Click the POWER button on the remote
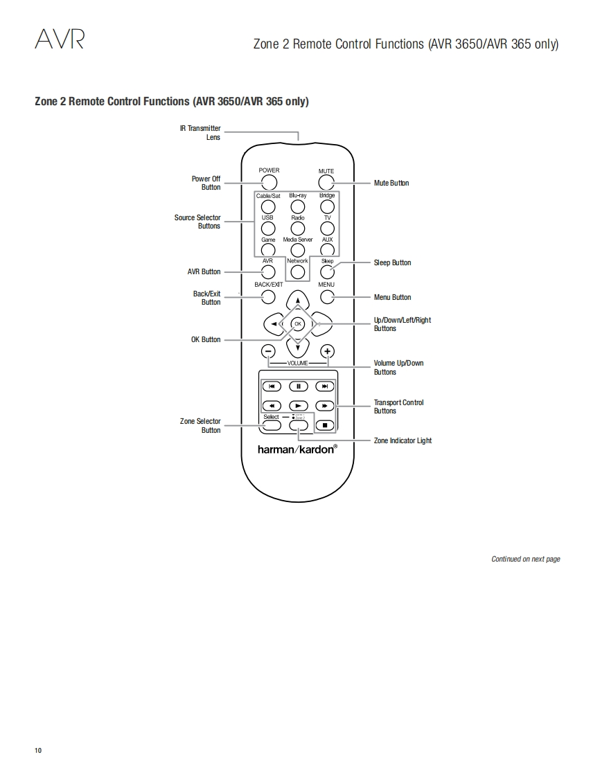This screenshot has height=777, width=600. tap(269, 183)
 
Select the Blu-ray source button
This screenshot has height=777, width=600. tap(298, 206)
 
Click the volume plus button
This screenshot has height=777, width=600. tap(328, 351)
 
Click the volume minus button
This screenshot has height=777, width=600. tap(268, 351)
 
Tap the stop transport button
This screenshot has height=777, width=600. tap(325, 425)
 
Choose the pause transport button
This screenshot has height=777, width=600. tap(298, 386)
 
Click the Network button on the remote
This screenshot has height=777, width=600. tap(298, 272)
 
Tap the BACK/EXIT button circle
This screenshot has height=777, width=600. tap(268, 297)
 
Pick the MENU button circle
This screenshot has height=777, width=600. tap(327, 297)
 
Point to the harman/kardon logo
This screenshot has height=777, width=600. tap(297, 449)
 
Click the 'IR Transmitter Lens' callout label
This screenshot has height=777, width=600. tap(200, 133)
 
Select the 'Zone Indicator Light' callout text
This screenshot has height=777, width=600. tap(403, 441)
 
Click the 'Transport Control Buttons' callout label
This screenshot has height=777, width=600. tap(398, 407)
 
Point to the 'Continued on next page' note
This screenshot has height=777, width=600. tap(525, 559)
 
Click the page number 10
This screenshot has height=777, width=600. tap(38, 751)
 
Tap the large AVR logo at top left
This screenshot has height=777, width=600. tap(60, 40)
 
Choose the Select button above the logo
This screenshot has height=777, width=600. tap(272, 425)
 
